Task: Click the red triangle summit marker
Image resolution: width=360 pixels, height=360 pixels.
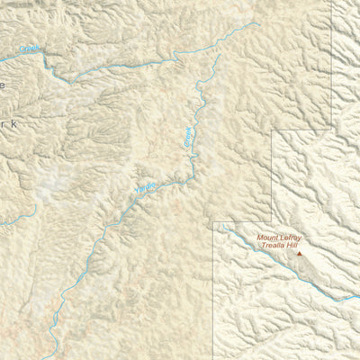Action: coord(300,254)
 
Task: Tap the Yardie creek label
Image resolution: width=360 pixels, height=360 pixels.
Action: coord(145,187)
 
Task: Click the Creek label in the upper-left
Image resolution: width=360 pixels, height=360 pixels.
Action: coord(30,50)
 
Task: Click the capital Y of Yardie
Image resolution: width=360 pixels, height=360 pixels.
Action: coord(136,192)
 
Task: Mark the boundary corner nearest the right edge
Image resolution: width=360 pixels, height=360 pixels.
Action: coord(332,130)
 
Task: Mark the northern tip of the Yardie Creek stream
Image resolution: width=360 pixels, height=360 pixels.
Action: coord(219,56)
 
